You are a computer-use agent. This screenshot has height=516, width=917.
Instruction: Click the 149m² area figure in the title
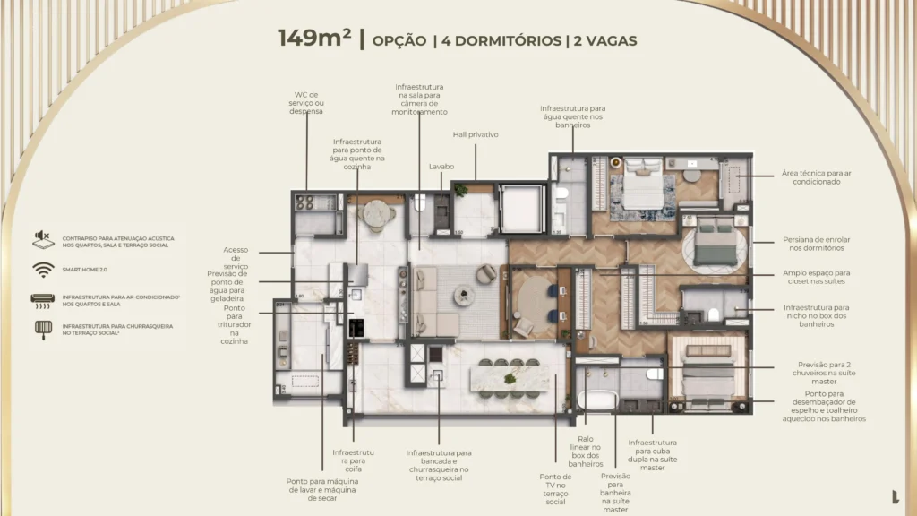(313, 39)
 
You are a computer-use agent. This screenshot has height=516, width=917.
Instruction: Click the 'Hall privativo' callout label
(475, 134)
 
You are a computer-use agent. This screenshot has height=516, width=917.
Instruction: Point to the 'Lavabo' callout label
(441, 166)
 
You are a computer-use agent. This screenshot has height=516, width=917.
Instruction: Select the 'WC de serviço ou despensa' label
(306, 102)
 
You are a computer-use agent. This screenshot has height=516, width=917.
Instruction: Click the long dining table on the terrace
(508, 377)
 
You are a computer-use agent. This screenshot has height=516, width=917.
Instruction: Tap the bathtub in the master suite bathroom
(596, 400)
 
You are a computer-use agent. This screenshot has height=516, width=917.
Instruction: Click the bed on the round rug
(713, 242)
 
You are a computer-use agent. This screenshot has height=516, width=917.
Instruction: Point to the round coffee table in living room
(466, 293)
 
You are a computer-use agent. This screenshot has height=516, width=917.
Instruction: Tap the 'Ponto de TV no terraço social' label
(555, 489)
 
